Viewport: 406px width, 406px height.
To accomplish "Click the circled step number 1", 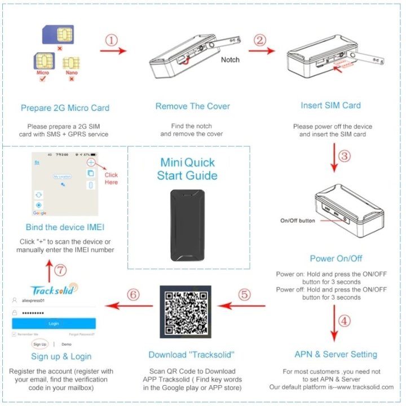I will coord(112,41).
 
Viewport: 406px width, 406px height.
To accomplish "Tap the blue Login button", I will coord(54,323).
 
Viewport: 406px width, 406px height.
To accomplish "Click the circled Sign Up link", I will coord(39,343).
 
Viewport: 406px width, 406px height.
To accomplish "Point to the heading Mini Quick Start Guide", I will coord(188,169).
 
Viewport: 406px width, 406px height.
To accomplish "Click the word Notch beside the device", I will coord(230,59).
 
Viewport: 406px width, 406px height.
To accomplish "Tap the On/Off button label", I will coord(297,220).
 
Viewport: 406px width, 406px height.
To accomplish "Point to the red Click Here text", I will coord(111,179).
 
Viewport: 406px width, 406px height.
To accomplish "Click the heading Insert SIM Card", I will coord(331,105).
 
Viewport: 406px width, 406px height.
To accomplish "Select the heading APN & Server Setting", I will coord(336,354).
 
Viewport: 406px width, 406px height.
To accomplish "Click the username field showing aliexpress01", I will coord(54,302).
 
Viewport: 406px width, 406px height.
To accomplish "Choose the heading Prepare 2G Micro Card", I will coord(65,108).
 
